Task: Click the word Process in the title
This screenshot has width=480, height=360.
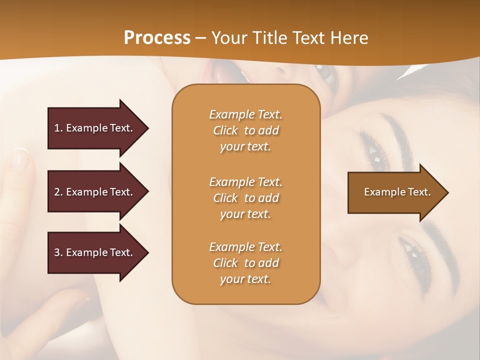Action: point(157,38)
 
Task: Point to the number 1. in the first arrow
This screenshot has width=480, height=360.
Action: point(58,128)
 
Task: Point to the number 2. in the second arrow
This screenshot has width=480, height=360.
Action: point(58,192)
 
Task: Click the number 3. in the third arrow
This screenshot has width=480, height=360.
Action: point(58,252)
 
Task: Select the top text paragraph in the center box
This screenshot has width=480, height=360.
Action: point(245,130)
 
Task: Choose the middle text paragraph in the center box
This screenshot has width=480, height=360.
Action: point(245,198)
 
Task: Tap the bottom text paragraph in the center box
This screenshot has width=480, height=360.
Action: point(245,263)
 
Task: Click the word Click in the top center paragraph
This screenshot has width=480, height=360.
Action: point(225,130)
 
